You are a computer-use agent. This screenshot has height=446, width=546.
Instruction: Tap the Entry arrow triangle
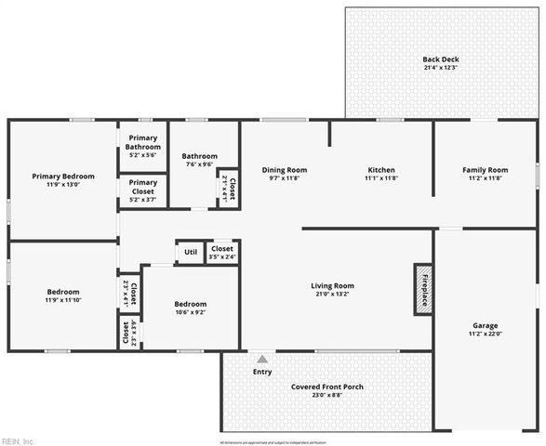pyautogui.click(x=263, y=359)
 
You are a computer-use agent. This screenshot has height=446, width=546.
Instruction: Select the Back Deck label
pyautogui.click(x=440, y=59)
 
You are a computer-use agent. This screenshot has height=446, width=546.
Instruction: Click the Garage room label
pyautogui.click(x=486, y=325)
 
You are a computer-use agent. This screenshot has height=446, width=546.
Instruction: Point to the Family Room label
pyautogui.click(x=486, y=170)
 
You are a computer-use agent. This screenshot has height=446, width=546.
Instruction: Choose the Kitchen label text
pyautogui.click(x=381, y=170)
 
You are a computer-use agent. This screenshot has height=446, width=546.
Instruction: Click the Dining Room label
pyautogui.click(x=285, y=170)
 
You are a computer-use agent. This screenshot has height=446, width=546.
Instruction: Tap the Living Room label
pyautogui.click(x=332, y=286)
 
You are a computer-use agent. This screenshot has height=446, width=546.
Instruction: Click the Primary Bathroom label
pyautogui.click(x=143, y=142)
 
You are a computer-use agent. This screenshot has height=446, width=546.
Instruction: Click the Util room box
pyautogui.click(x=191, y=252)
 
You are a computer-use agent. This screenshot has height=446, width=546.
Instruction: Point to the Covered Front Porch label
pyautogui.click(x=326, y=387)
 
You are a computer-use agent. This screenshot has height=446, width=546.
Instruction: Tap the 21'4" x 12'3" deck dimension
pyautogui.click(x=440, y=69)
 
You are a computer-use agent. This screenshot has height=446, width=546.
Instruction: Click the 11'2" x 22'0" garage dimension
pyautogui.click(x=486, y=334)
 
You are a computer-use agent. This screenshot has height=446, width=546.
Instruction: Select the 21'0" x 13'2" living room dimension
pyautogui.click(x=332, y=295)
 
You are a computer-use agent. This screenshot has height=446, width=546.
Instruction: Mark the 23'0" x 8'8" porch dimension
pyautogui.click(x=326, y=396)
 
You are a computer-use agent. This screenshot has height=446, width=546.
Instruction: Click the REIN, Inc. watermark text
pyautogui.click(x=18, y=440)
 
